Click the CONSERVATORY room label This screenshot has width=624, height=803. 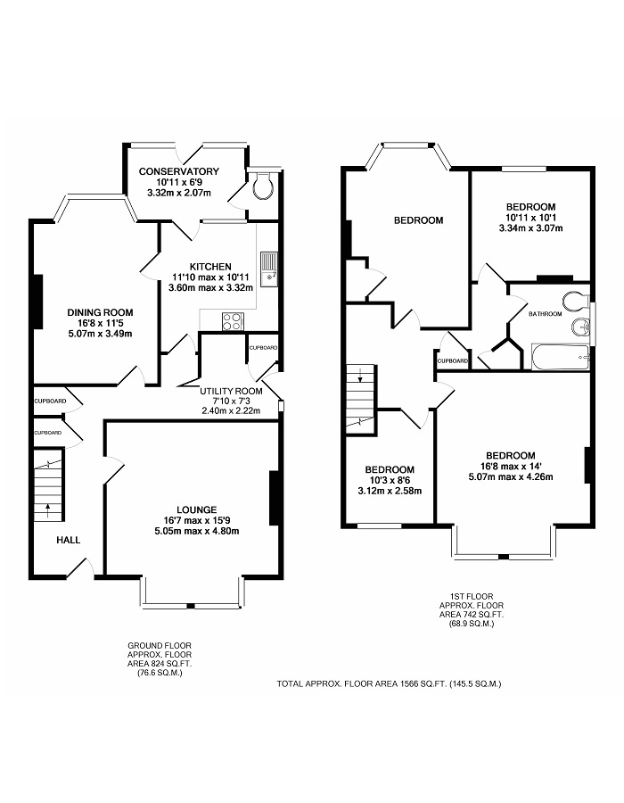tap(179, 171)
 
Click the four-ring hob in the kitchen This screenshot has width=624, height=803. tap(233, 320)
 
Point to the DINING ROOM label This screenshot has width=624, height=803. tap(100, 312)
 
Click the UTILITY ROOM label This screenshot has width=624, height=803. tap(230, 391)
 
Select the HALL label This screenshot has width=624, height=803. tap(68, 540)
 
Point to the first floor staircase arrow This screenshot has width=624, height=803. tap(361, 377)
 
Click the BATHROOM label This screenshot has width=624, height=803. tap(545, 314)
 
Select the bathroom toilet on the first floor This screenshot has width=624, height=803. tap(573, 299)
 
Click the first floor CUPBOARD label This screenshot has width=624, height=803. tap(453, 360)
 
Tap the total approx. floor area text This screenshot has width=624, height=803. tap(389, 683)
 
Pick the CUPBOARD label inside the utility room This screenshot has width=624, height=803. tap(263, 347)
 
